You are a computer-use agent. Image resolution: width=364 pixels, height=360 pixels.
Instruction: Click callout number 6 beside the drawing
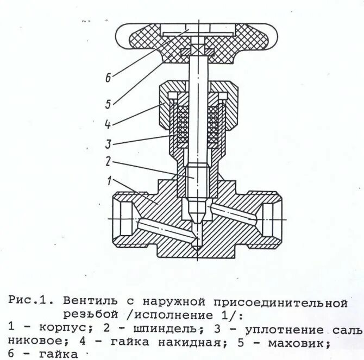coord(108,78)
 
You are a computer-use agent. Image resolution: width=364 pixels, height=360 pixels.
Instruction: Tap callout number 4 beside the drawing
coord(108,124)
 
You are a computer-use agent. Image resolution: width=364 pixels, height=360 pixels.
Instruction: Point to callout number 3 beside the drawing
coord(108,144)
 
